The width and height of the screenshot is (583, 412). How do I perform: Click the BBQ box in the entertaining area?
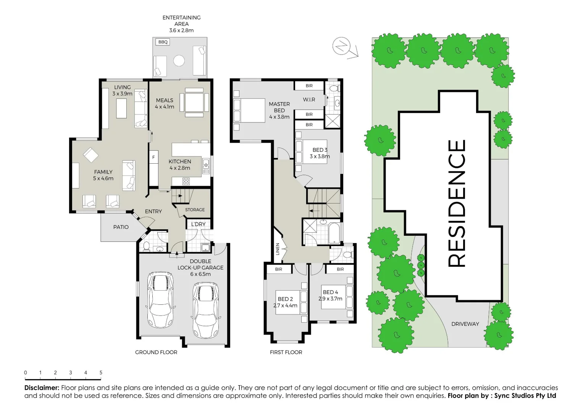point(163,42)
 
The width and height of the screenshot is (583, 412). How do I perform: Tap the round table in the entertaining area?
point(179,61)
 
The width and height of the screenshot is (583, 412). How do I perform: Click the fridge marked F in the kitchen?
point(153,157)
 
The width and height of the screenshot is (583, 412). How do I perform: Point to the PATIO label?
point(121,227)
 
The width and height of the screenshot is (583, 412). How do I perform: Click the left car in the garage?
point(161,299)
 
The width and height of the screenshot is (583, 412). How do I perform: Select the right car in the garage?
point(205,309)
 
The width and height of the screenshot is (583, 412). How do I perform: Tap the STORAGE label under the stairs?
point(195,210)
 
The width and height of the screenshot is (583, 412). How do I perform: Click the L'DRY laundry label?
point(198,224)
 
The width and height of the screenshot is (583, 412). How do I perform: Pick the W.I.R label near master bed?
point(309,100)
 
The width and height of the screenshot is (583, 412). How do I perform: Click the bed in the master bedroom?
point(249,111)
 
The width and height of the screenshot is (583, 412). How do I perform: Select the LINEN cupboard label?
point(278,249)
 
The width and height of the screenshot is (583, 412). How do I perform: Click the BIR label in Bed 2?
point(279,269)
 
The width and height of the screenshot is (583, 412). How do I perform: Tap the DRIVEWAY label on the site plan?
point(465,324)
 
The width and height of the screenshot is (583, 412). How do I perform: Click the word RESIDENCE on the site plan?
point(457,203)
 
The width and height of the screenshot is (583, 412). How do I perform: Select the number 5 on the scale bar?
point(101,373)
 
